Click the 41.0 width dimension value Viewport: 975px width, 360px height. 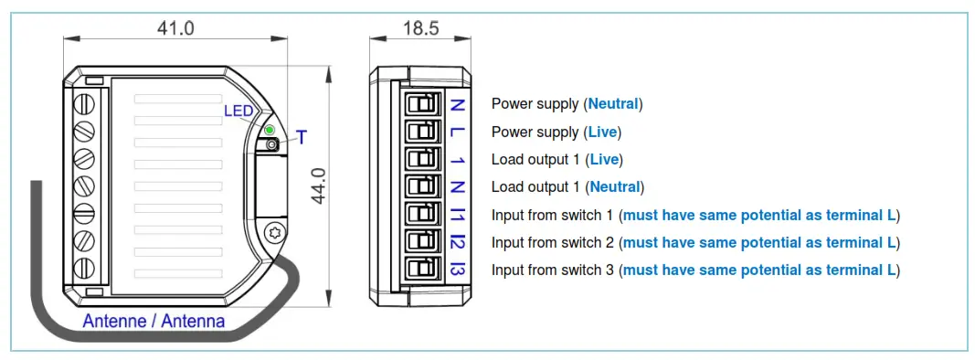click(x=175, y=27)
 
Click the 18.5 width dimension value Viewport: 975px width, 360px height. click(x=421, y=27)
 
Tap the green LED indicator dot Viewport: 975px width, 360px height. click(x=270, y=131)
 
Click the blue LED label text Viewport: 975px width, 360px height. click(x=238, y=111)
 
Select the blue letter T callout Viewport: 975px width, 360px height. click(x=302, y=138)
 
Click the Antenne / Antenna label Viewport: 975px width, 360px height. click(x=154, y=322)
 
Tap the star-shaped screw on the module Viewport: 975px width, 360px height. click(x=270, y=231)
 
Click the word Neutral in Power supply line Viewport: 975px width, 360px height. click(x=614, y=104)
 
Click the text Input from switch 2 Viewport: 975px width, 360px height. click(x=553, y=243)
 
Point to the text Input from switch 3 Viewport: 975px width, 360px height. click(x=553, y=270)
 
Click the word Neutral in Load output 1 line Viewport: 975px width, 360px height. click(x=614, y=187)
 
